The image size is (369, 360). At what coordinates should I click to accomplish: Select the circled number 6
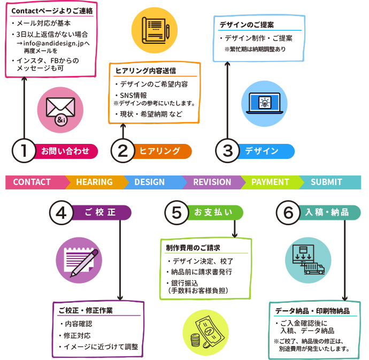coord(289,213)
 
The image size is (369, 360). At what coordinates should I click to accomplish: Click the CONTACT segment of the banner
coord(32,182)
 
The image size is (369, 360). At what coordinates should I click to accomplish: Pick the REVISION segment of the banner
coord(212,182)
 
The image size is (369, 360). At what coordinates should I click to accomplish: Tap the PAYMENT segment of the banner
coord(270,182)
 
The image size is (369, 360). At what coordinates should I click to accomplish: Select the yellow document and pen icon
coord(154,30)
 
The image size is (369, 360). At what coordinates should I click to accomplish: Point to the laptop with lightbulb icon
coord(264,103)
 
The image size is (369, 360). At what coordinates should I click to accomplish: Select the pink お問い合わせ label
coord(66,151)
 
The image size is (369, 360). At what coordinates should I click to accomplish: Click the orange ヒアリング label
coord(160,151)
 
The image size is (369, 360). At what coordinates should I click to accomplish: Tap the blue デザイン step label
coord(262,151)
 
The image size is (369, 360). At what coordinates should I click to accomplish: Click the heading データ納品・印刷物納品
coord(312,311)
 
